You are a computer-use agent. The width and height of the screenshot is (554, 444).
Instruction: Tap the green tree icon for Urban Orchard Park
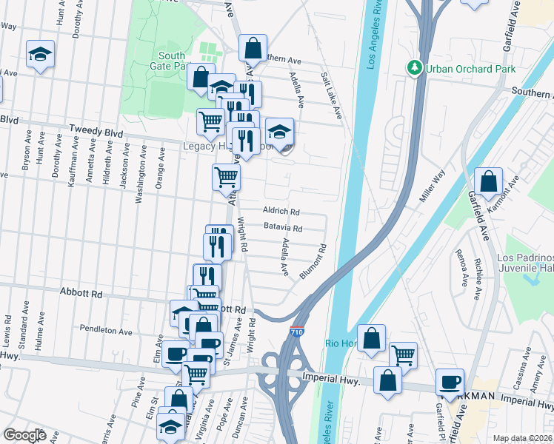[x=414, y=69]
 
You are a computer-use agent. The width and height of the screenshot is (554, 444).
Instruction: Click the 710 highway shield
[x=296, y=333]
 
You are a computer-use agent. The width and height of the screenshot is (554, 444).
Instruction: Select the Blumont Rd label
[x=313, y=262]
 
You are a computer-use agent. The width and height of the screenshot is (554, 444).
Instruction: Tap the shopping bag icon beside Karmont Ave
[x=490, y=181]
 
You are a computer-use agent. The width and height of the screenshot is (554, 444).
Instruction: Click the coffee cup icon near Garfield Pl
[x=450, y=381]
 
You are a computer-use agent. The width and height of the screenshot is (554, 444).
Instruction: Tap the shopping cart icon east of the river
[x=403, y=355]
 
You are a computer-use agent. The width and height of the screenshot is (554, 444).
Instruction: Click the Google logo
[x=24, y=435]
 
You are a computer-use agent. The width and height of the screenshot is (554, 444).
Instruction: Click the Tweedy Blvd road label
[x=94, y=128]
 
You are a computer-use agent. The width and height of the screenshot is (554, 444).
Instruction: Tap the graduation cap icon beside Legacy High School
[x=279, y=131]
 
